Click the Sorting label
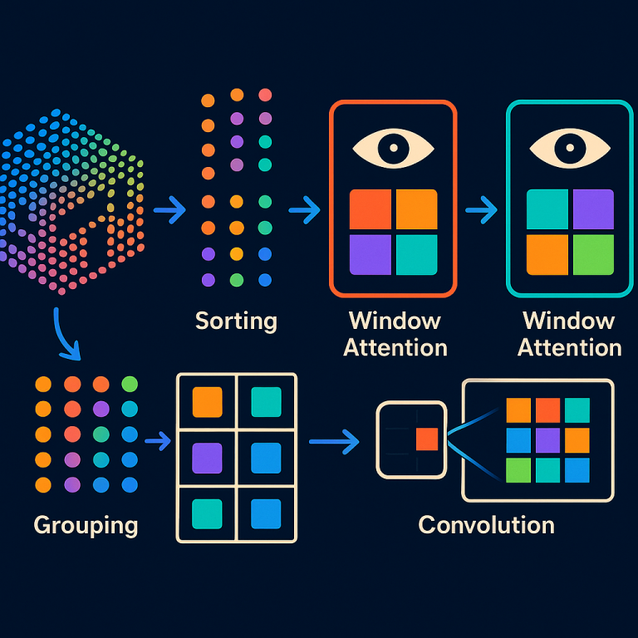pos(236,321)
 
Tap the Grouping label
pos(86,525)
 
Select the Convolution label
pos(486,525)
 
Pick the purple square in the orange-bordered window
pos(370,254)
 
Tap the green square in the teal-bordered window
pos(593,254)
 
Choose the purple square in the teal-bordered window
pos(593,209)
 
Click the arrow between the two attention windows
pos(481,211)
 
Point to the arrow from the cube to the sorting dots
pos(170,211)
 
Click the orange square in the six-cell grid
pos(207,402)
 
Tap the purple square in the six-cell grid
pos(207,458)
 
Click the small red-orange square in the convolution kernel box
pos(427,439)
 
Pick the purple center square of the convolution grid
pos(547,439)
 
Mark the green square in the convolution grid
pos(518,469)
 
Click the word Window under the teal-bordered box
pos(569,321)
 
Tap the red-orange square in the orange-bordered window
pos(370,209)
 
